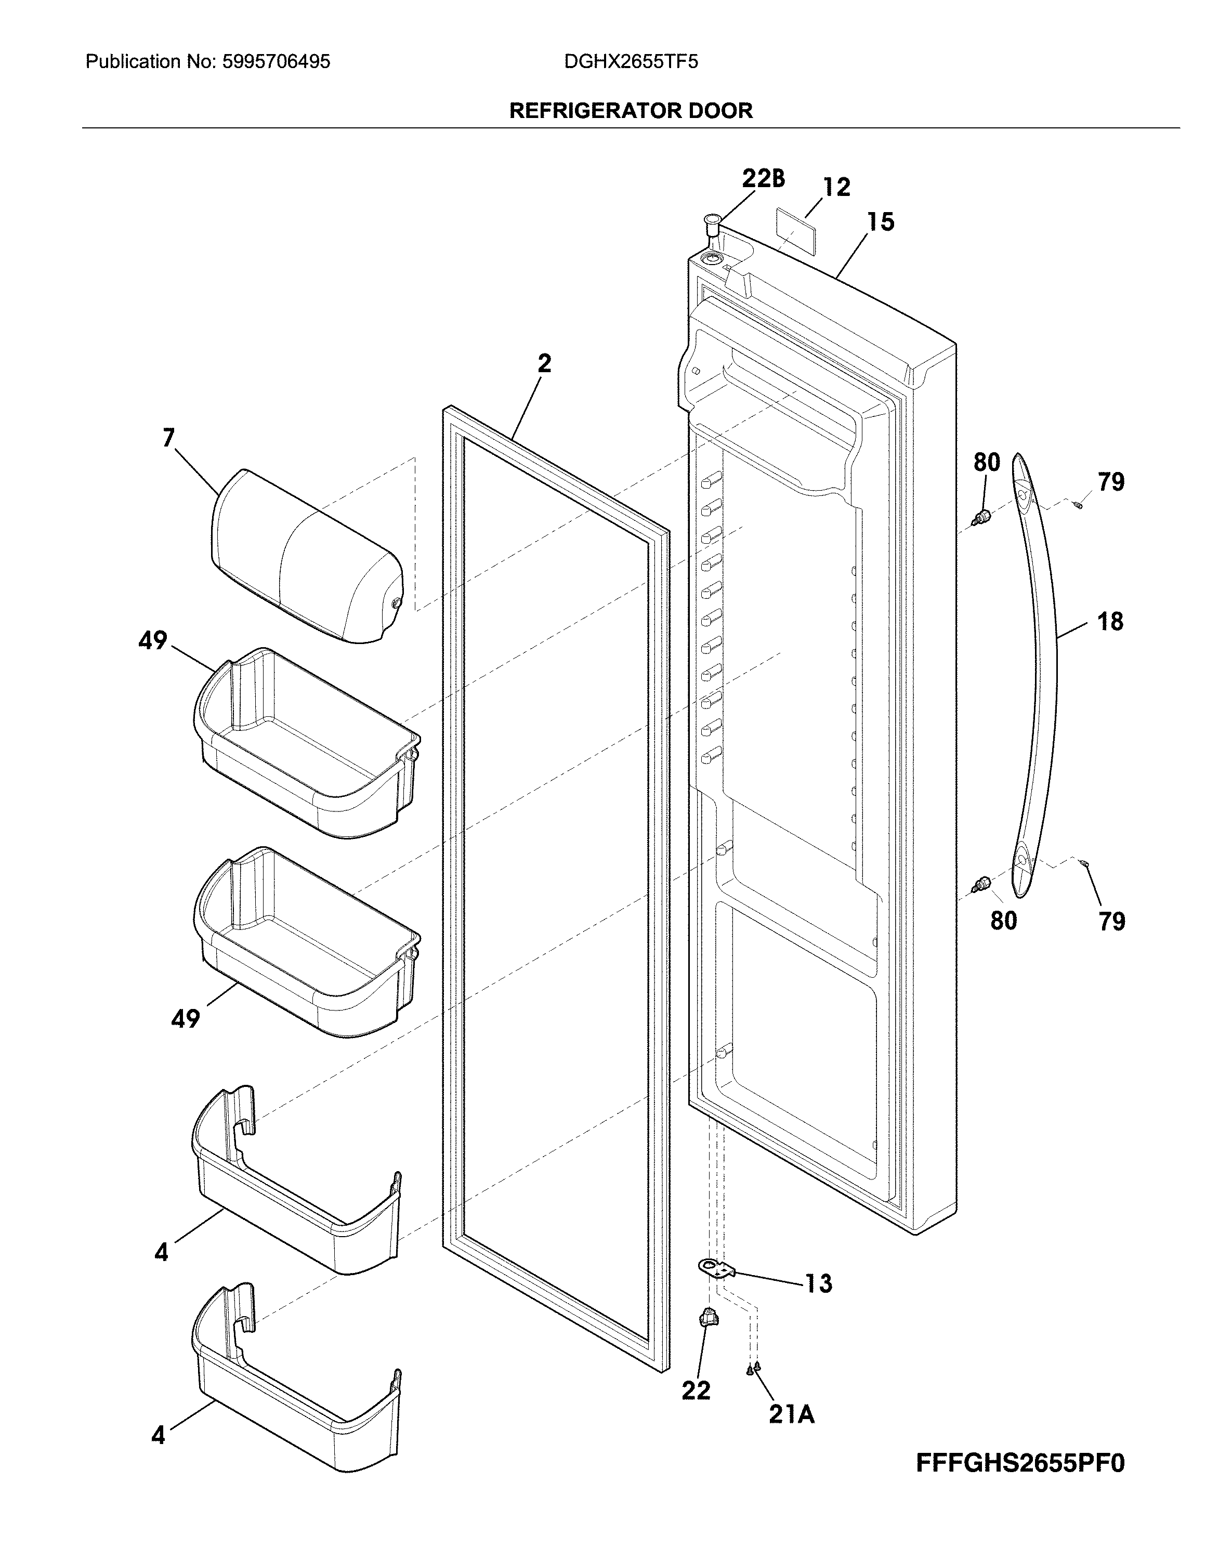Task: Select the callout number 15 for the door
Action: pos(880,221)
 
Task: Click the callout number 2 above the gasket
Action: pos(545,363)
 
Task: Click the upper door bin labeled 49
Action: pos(307,743)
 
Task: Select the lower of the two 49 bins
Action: pos(307,941)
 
